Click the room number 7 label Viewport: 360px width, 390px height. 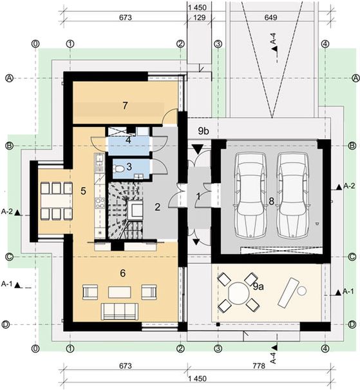[x=125, y=106]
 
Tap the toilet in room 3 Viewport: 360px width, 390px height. [x=118, y=169]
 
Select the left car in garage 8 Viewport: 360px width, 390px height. [x=251, y=195]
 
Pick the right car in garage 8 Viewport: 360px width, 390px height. [x=292, y=195]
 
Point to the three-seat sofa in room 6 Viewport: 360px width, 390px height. [x=120, y=311]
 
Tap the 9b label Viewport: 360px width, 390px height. [x=204, y=131]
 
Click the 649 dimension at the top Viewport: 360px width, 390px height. [x=270, y=17]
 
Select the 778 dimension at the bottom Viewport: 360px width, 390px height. [x=259, y=366]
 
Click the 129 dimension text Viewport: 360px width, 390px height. [x=199, y=17]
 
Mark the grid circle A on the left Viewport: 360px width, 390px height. [x=10, y=78]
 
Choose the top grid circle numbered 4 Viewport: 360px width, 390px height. [x=325, y=44]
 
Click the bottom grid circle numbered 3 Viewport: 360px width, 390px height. [x=218, y=349]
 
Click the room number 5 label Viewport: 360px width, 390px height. [x=83, y=191]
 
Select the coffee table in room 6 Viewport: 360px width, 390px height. [x=120, y=292]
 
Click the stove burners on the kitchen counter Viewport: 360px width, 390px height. [x=100, y=202]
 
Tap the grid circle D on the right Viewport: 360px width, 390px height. [x=352, y=324]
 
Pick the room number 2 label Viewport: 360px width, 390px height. [x=157, y=207]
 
